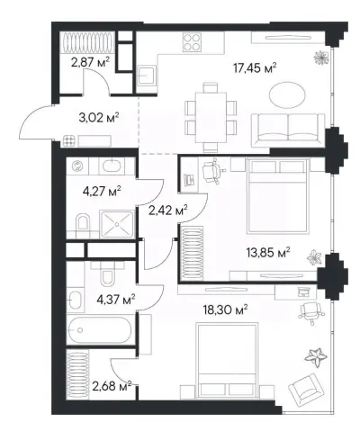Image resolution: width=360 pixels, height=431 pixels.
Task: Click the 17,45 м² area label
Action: coord(255,68)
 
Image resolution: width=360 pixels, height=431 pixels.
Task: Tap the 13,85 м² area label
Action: coord(268,253)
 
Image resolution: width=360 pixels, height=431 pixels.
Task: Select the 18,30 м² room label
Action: coord(225,310)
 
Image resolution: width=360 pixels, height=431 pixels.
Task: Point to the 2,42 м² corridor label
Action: coord(168,211)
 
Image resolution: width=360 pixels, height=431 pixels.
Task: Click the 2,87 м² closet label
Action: coord(90,63)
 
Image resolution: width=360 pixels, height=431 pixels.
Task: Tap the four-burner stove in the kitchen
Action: coord(192,42)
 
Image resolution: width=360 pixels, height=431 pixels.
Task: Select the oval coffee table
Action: coord(287,96)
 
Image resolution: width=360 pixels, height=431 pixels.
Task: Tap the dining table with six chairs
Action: coord(211,117)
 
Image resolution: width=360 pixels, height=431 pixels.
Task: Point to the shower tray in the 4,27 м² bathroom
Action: coord(117,224)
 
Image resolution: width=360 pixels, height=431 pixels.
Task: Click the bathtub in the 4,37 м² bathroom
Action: coord(99,330)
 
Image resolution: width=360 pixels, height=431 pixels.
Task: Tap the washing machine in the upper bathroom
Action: coord(77,166)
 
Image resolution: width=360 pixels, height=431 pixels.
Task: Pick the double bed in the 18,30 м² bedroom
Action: coord(227,361)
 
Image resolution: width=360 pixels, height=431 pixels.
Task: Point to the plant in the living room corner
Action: coord(321,58)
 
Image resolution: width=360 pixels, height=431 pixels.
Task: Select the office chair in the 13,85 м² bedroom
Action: coord(213,171)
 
